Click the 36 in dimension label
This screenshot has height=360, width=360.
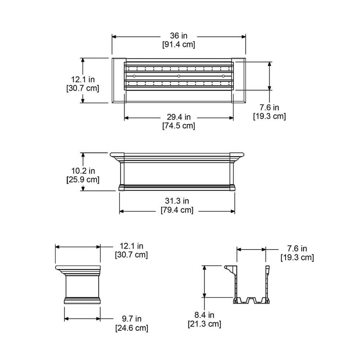[x=179, y=36]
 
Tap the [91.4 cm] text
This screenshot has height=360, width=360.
[x=179, y=45]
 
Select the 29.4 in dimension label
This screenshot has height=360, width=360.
[x=179, y=117]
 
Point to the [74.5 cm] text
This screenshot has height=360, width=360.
[x=179, y=126]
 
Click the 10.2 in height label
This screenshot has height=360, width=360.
[x=83, y=171]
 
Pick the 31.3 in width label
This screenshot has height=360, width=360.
[x=177, y=201]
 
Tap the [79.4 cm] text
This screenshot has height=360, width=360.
[x=177, y=210]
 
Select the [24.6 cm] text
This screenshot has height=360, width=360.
[x=131, y=328]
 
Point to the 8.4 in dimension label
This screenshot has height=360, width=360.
[x=204, y=315]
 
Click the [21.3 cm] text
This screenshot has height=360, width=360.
[x=204, y=324]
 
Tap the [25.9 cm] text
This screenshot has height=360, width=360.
[x=83, y=179]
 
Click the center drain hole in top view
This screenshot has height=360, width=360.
[x=179, y=76]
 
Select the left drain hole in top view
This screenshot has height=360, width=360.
[x=134, y=76]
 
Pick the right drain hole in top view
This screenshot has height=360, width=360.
[x=223, y=76]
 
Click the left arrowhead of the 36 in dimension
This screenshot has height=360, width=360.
[x=114, y=36]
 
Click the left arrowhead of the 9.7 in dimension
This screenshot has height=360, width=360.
[x=67, y=319]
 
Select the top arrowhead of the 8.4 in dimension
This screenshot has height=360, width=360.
[x=204, y=267]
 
